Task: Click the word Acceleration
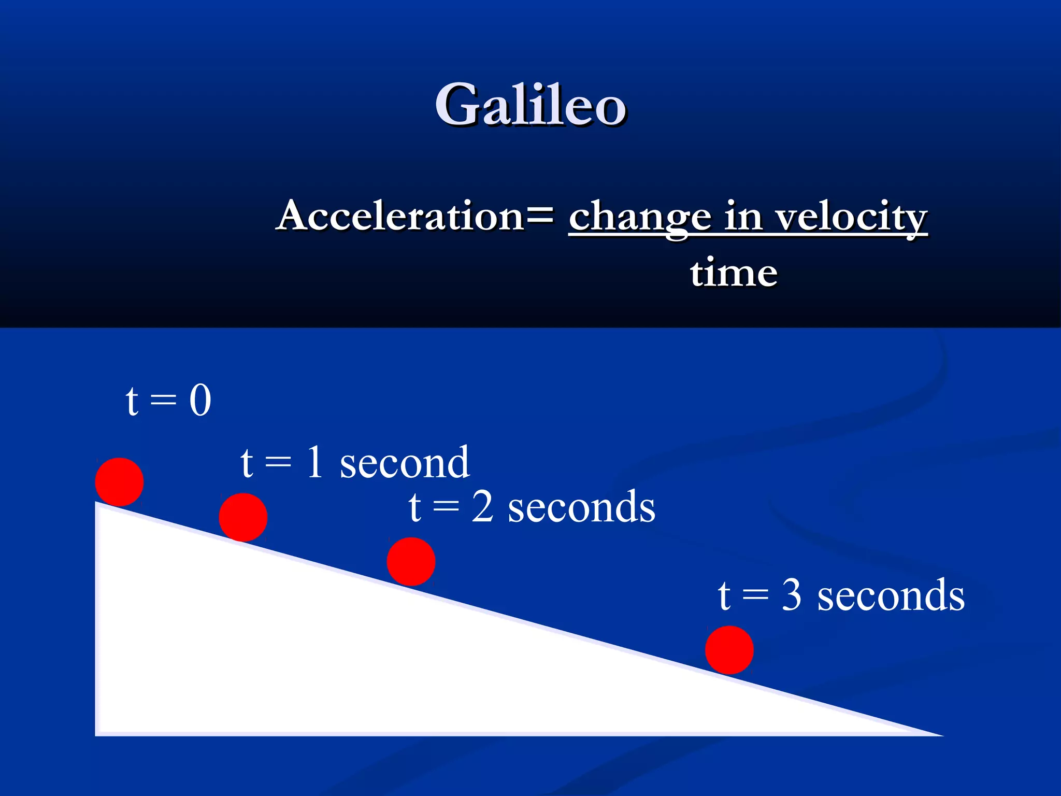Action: pyautogui.click(x=400, y=216)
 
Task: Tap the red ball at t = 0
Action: pyautogui.click(x=119, y=482)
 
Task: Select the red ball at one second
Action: pyautogui.click(x=243, y=517)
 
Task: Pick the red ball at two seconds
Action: pyautogui.click(x=411, y=562)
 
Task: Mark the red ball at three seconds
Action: pyautogui.click(x=729, y=650)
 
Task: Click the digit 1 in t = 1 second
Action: pyautogui.click(x=315, y=462)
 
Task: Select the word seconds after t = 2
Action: pyautogui.click(x=581, y=507)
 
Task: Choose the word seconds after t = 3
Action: pyautogui.click(x=891, y=596)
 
